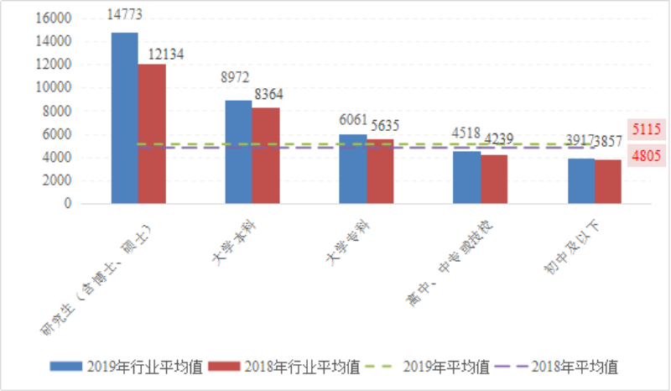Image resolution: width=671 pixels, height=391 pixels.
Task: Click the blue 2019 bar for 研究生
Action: click(x=124, y=117)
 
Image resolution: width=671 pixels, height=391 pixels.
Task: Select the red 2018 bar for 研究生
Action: click(x=152, y=133)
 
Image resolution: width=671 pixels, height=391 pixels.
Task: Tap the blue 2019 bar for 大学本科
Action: click(x=238, y=152)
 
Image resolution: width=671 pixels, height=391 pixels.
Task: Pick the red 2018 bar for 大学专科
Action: click(x=380, y=171)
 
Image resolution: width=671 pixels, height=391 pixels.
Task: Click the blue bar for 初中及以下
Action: click(x=581, y=181)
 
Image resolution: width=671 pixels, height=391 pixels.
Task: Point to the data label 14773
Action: click(x=125, y=13)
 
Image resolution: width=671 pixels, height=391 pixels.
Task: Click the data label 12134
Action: click(x=165, y=54)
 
